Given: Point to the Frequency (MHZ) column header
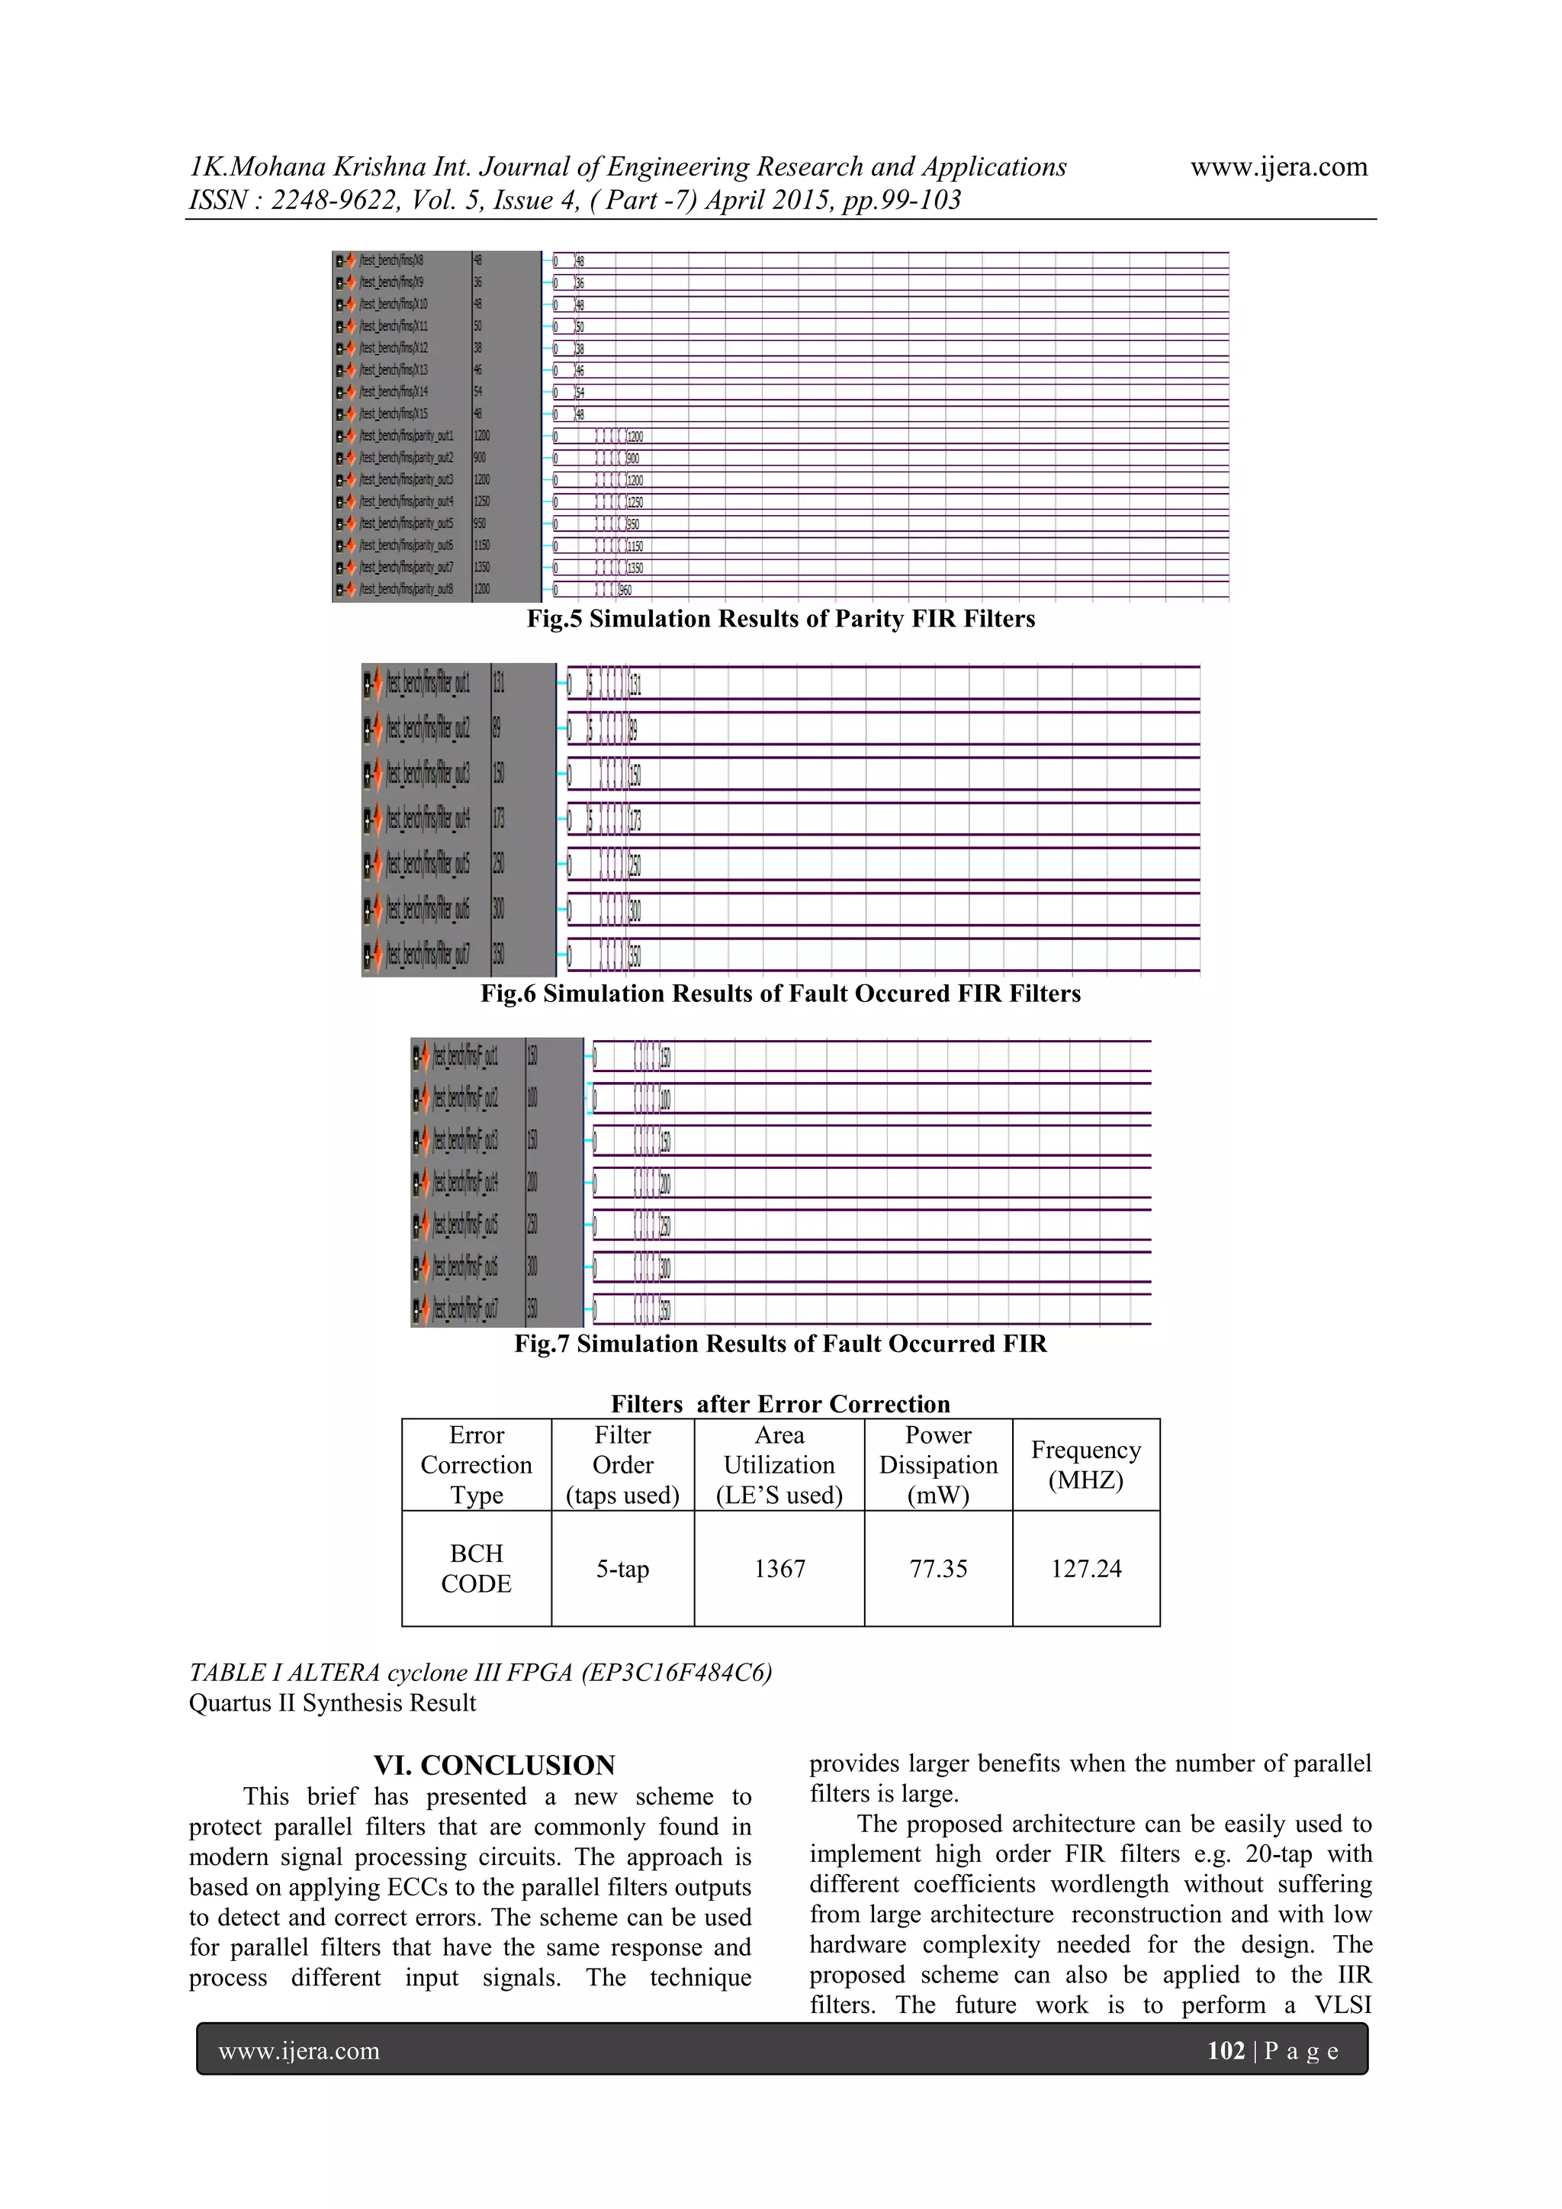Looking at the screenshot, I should click(x=1086, y=1464).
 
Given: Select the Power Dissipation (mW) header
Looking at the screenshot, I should click(x=938, y=1464).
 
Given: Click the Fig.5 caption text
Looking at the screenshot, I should click(x=780, y=619).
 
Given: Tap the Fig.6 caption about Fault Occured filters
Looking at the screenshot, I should click(x=780, y=993).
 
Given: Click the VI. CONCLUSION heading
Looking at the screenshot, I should click(x=494, y=1766).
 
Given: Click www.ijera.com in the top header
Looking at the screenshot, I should click(x=1278, y=167).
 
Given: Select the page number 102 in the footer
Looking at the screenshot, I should click(x=1226, y=2050).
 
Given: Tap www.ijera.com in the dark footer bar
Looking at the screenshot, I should click(x=299, y=2050).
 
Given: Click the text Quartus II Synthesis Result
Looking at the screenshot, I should click(x=332, y=1703).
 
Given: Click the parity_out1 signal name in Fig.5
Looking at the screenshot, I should click(x=406, y=436).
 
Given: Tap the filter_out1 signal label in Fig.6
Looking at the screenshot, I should click(x=428, y=684).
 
